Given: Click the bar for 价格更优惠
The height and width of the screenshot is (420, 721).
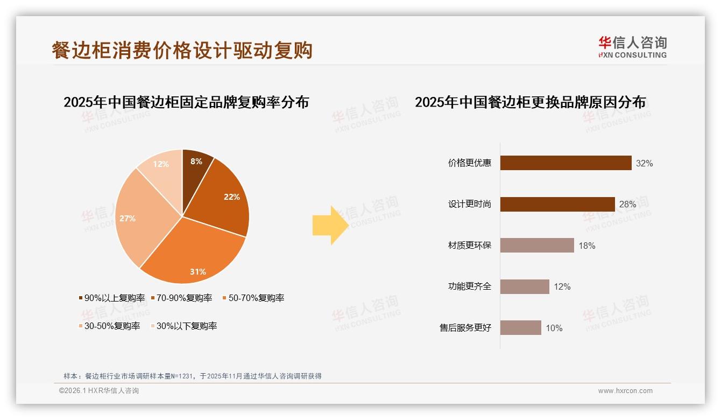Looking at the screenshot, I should pyautogui.click(x=566, y=163).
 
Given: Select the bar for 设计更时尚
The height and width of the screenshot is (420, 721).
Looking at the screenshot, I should pyautogui.click(x=557, y=204).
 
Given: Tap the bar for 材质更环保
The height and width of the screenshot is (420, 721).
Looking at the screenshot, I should pyautogui.click(x=537, y=246).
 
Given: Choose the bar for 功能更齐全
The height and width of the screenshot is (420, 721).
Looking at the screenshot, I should pyautogui.click(x=525, y=286).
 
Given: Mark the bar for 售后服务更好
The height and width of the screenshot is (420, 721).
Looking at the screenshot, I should pyautogui.click(x=520, y=327).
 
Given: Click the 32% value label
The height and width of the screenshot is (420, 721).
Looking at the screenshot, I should pyautogui.click(x=644, y=163).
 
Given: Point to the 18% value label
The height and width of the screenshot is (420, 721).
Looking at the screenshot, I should pyautogui.click(x=586, y=246).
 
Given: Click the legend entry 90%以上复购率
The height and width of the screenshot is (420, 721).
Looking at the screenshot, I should pyautogui.click(x=112, y=298).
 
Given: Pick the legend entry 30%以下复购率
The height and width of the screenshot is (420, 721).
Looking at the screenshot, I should pyautogui.click(x=183, y=326).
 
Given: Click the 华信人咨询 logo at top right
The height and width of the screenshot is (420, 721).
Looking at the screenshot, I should pyautogui.click(x=632, y=47).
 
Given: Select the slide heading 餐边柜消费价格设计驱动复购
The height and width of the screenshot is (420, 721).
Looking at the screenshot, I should pyautogui.click(x=182, y=50).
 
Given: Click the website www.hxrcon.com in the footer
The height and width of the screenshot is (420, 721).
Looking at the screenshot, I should pyautogui.click(x=625, y=391).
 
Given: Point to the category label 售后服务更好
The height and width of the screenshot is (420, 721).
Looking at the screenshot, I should pyautogui.click(x=465, y=327).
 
